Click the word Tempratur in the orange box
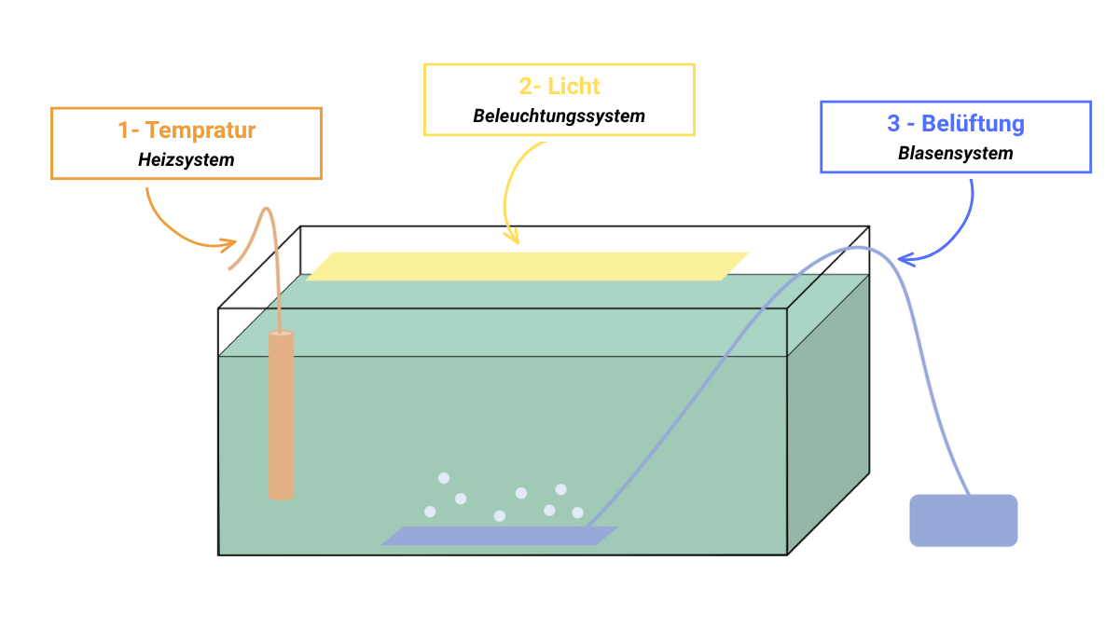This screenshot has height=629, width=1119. click(200, 130)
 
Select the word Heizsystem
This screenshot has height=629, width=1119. click(186, 159)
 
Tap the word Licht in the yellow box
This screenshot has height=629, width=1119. click(573, 87)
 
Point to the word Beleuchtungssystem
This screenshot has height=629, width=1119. click(559, 116)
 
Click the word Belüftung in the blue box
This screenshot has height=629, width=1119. click(973, 123)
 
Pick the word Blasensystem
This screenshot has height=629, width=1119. click(956, 153)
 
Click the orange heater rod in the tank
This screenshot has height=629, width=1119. click(282, 415)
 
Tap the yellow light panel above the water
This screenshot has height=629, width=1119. click(527, 267)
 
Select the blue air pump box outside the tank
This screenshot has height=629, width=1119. click(963, 520)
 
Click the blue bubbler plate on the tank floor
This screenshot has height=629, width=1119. click(500, 536)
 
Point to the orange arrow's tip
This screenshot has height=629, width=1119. click(236, 243)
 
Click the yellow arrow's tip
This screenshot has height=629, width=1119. click(518, 243)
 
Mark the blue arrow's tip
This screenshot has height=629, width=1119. click(898, 259)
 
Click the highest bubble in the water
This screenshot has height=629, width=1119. click(444, 478)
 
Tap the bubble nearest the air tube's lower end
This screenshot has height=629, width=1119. click(577, 513)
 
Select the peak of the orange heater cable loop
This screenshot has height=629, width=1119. click(267, 209)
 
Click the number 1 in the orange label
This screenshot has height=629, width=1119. click(123, 130)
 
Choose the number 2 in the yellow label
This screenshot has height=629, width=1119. click(526, 87)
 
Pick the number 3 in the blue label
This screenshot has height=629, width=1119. click(893, 123)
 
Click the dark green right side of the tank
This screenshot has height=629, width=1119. click(828, 415)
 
